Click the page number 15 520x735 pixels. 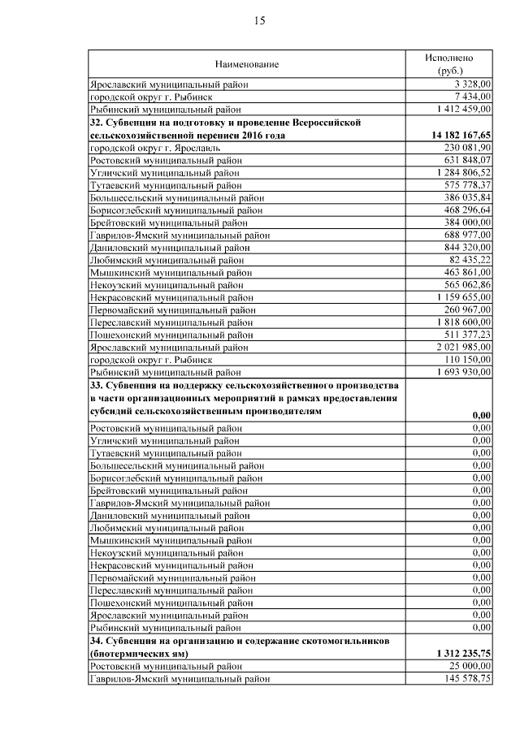click(260, 21)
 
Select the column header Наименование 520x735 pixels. click(247, 63)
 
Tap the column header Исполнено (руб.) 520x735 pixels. click(449, 63)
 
